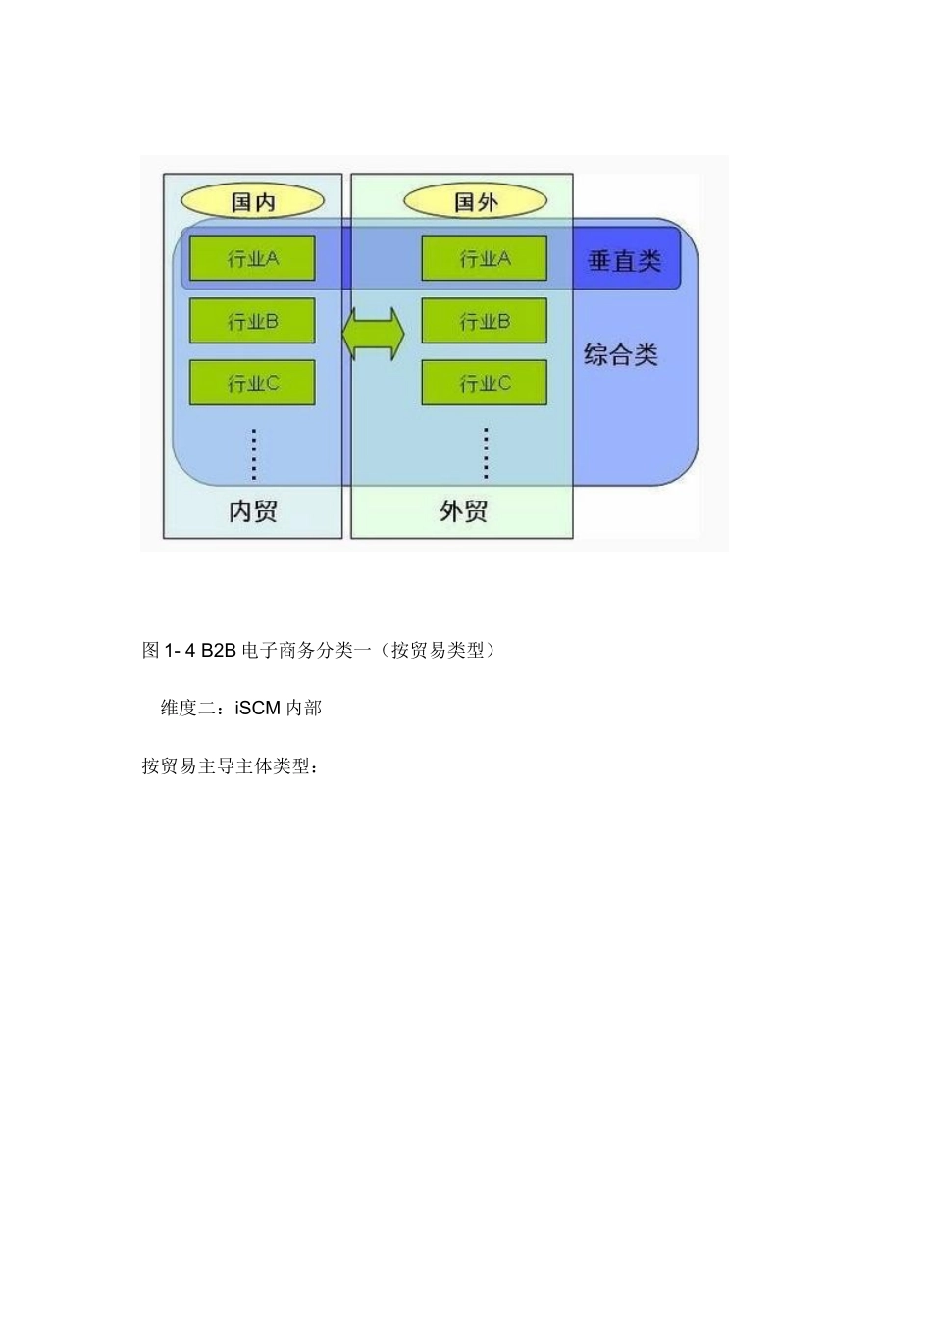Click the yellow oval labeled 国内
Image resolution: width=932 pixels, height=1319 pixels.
253,202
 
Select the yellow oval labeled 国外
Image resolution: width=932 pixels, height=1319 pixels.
476,202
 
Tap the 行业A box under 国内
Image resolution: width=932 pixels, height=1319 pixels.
252,258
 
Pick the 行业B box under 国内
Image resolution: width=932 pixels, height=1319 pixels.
252,321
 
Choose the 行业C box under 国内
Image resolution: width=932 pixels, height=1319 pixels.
252,383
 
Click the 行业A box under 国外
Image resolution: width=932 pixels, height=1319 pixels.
485,258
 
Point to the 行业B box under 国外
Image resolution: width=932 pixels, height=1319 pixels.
485,321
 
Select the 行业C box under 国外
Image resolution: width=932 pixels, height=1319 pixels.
485,383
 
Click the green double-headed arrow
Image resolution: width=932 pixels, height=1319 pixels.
373,334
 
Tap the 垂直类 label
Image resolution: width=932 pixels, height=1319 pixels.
625,261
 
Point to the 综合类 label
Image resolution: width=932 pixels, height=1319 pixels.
621,354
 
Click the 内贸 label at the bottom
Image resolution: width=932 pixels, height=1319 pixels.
253,511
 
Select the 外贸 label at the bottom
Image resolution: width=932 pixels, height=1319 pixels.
464,511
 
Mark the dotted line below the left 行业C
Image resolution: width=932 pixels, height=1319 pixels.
253,453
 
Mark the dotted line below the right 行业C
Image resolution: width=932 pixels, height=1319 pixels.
486,453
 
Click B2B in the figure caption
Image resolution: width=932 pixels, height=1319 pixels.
219,650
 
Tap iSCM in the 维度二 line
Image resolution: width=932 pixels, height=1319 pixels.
258,708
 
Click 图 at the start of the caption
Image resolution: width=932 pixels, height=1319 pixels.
151,650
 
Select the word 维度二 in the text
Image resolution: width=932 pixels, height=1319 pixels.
187,708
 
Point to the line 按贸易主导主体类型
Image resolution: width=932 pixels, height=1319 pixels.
230,766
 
